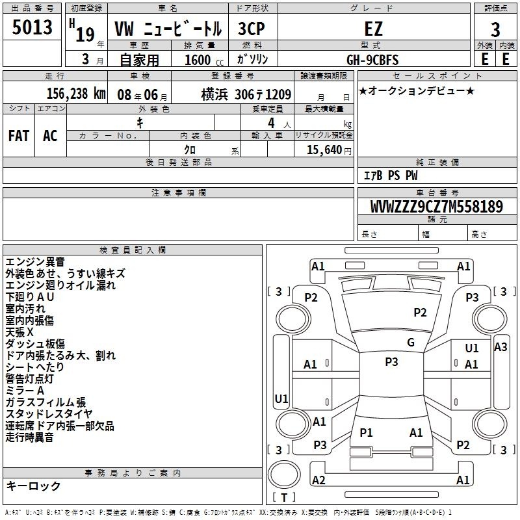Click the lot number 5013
[x=32, y=27]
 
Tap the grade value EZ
[x=373, y=29]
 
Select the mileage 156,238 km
[x=76, y=94]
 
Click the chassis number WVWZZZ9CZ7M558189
[x=437, y=207]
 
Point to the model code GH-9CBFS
[x=372, y=60]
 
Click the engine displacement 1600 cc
[x=204, y=60]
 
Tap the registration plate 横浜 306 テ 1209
[x=246, y=94]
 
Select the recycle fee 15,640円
[x=329, y=150]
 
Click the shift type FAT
[x=19, y=136]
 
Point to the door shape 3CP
[x=252, y=29]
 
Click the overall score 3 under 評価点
[x=495, y=29]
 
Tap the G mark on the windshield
[x=411, y=343]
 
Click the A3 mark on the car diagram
[x=500, y=347]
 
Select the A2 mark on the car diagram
[x=318, y=480]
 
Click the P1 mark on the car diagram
[x=366, y=432]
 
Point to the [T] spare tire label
[x=284, y=497]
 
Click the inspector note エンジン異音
[x=35, y=262]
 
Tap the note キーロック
[x=33, y=486]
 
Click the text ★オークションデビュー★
[x=417, y=91]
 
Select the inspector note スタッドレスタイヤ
[x=49, y=414]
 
